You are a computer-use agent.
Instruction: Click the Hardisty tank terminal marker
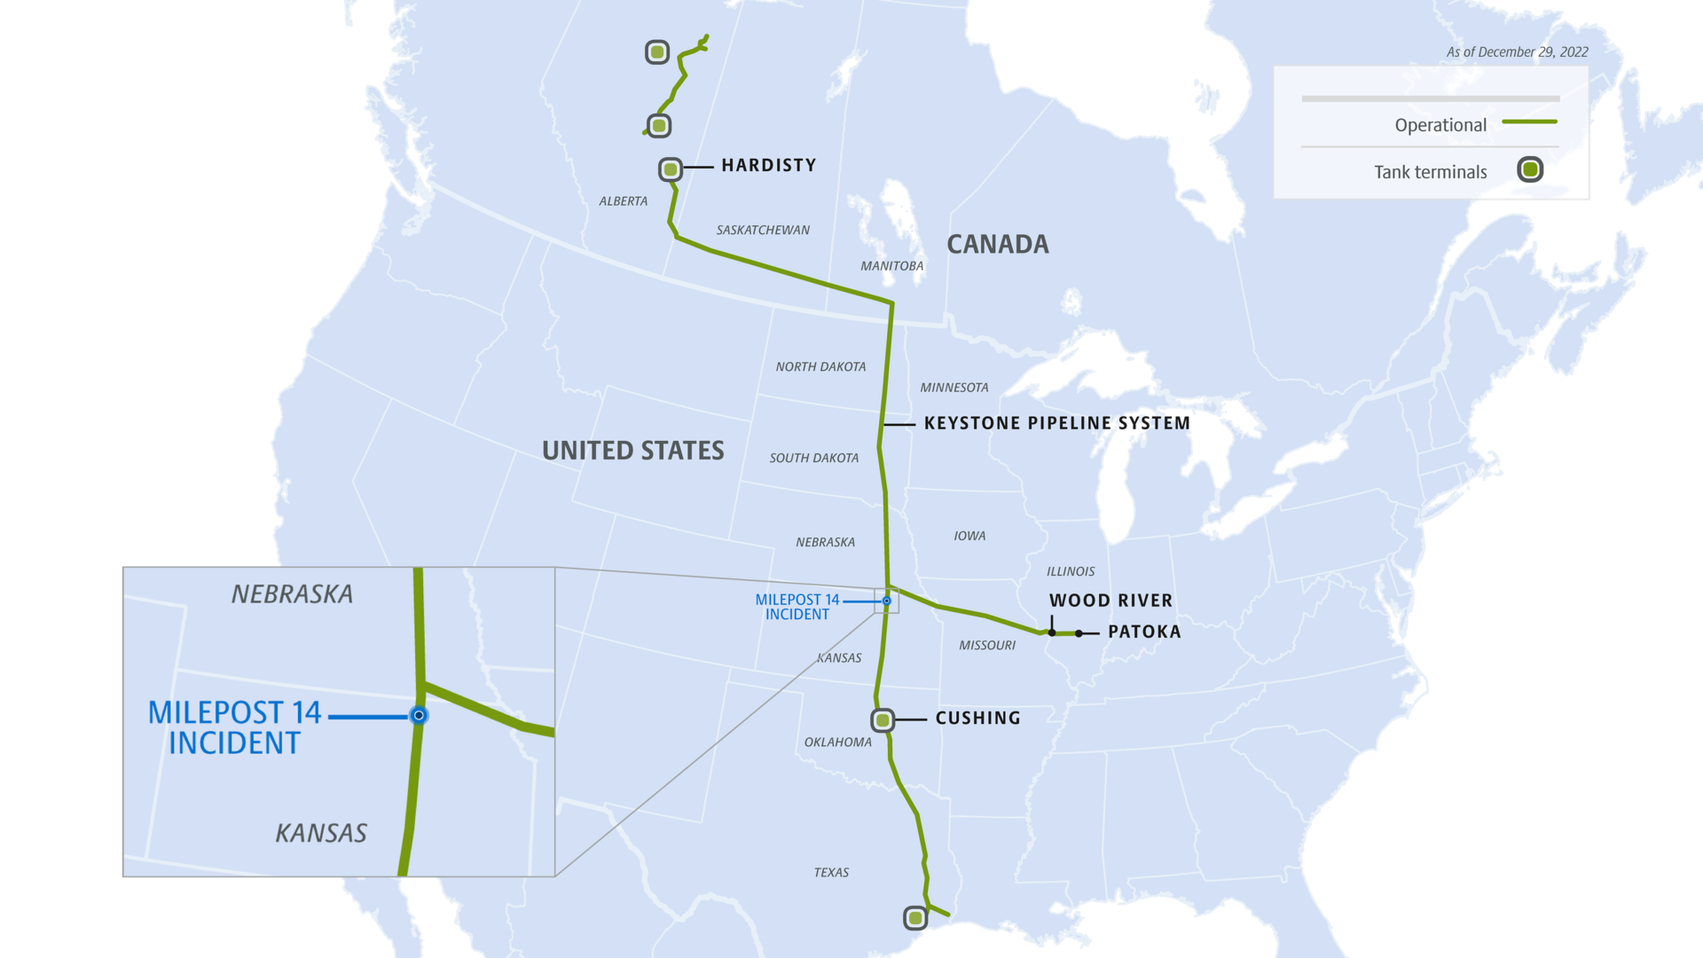(671, 169)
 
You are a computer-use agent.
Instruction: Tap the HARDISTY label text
(768, 166)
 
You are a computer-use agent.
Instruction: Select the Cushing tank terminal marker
(883, 720)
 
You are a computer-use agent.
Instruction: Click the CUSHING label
(977, 718)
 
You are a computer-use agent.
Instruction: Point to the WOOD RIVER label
(1110, 601)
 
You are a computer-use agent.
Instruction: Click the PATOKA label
(1144, 632)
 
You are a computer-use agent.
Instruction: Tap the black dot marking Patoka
(1079, 633)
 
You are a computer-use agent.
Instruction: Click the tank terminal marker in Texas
(915, 918)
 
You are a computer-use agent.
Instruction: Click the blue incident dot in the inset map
(419, 715)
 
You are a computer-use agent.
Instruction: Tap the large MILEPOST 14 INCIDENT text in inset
(234, 727)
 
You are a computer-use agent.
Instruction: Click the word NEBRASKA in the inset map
(292, 594)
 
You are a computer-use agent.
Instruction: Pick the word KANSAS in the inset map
(321, 834)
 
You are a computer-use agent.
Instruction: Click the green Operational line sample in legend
(1529, 122)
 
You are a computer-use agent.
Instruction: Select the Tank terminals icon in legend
(1530, 169)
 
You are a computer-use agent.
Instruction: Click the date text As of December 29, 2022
(1517, 52)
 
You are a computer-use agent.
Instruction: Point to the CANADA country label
(997, 245)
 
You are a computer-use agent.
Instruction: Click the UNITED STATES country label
(632, 451)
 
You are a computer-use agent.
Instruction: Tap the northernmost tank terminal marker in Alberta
(657, 52)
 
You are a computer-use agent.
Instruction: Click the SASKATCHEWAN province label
(763, 231)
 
